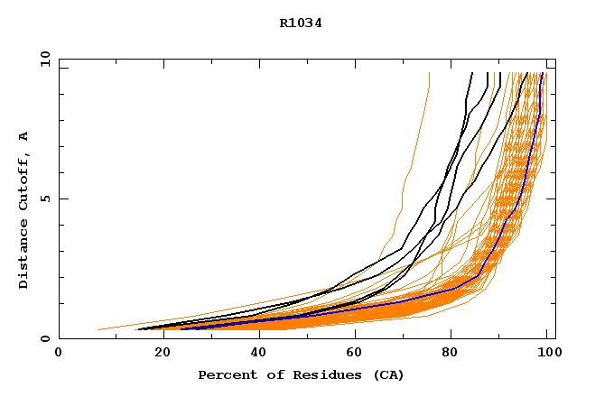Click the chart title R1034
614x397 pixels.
coord(301,23)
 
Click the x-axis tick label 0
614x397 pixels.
coord(59,354)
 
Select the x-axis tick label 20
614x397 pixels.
coord(156,354)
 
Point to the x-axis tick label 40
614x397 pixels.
coord(255,354)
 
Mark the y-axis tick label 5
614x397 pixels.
coord(44,198)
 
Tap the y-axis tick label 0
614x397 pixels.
coord(44,338)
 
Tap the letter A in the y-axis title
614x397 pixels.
coord(23,136)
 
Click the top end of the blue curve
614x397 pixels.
coord(541,74)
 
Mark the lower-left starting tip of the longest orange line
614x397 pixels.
coord(98,329)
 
